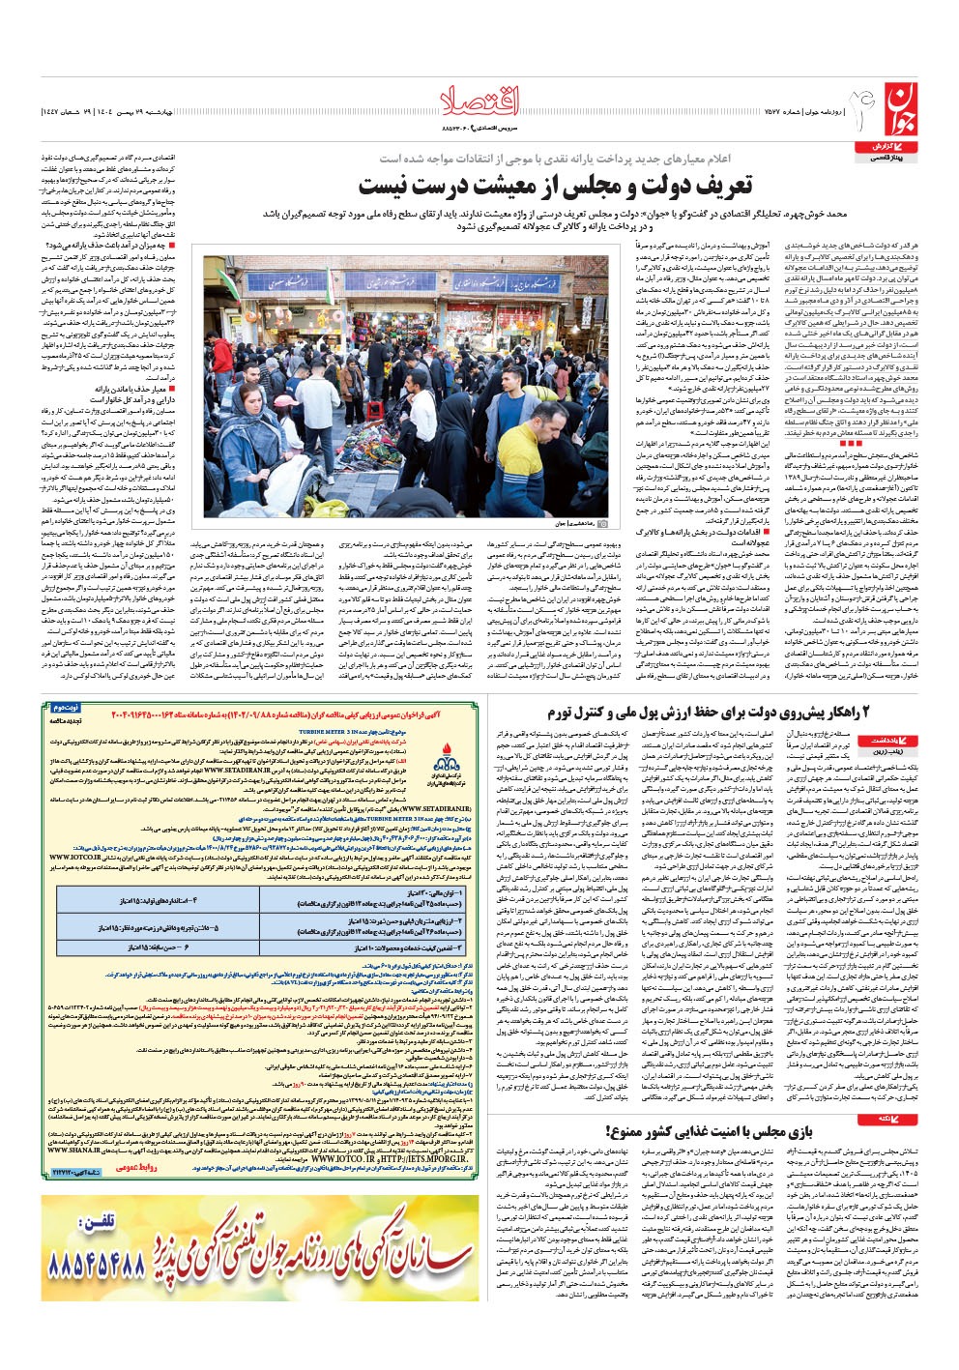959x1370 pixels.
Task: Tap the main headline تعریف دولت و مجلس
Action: pyautogui.click(x=541, y=186)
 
